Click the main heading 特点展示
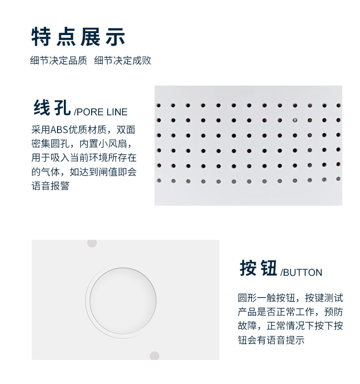tap(78, 37)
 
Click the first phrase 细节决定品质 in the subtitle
tap(59, 61)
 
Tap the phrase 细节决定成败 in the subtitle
tap(123, 61)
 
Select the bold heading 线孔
tap(52, 108)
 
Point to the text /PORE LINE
tap(101, 112)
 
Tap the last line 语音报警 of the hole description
tap(50, 186)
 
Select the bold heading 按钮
tap(258, 269)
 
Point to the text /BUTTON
tap(301, 273)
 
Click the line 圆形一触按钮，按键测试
tap(290, 298)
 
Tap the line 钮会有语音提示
tap(271, 340)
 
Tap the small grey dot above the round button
tap(92, 243)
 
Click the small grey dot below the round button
tap(154, 356)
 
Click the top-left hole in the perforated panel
tap(158, 105)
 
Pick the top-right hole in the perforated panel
tap(338, 105)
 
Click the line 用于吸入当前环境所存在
tap(84, 158)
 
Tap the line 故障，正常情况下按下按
tap(290, 326)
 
